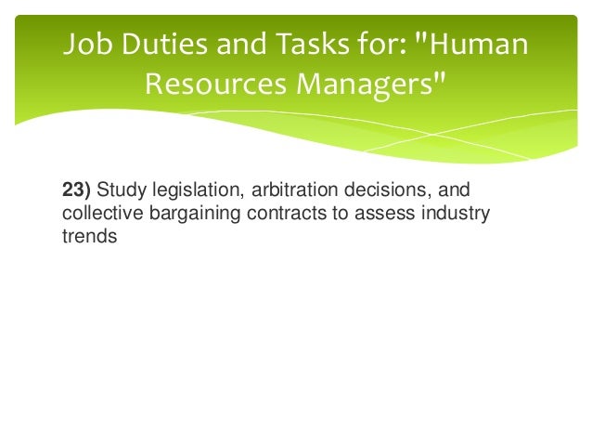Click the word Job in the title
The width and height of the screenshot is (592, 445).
pyautogui.click(x=84, y=45)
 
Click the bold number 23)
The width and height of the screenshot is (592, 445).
pyautogui.click(x=77, y=192)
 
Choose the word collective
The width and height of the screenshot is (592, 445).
pyautogui.click(x=98, y=215)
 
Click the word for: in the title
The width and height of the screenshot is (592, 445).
pyautogui.click(x=374, y=45)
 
